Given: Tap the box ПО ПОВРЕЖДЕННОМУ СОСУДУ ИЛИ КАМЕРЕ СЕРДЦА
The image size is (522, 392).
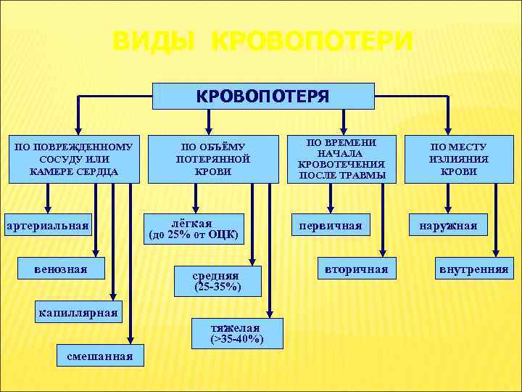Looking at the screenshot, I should click(x=73, y=159).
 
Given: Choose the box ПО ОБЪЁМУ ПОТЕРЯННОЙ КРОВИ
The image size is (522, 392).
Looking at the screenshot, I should click(x=213, y=159).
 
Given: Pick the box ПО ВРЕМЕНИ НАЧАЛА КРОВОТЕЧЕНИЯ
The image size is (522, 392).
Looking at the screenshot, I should click(x=342, y=158).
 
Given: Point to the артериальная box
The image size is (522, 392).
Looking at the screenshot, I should click(x=47, y=226).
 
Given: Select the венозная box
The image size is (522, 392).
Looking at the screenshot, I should click(x=60, y=269).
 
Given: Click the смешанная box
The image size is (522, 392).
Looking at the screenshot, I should click(x=99, y=356).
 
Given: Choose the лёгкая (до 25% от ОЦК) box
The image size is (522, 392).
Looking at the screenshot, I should click(x=193, y=227).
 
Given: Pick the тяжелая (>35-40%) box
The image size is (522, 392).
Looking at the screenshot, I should click(x=236, y=333).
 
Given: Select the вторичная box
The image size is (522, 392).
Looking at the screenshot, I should click(x=356, y=269).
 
